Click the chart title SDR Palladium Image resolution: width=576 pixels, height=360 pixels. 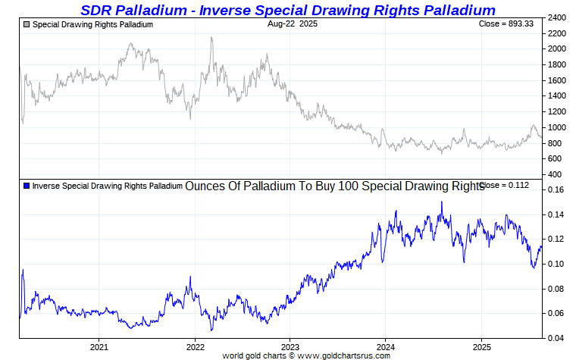(x=288, y=10)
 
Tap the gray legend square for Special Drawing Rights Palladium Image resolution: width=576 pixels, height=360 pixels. (x=27, y=25)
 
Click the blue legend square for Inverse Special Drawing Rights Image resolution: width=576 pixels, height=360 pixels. (x=27, y=186)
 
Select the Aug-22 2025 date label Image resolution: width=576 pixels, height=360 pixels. (x=293, y=24)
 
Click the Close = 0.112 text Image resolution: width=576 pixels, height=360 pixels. (x=505, y=186)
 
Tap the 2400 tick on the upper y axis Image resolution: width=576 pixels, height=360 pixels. (x=558, y=17)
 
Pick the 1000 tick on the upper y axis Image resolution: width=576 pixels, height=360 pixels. (x=558, y=127)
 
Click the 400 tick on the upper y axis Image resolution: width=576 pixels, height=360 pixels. (x=556, y=174)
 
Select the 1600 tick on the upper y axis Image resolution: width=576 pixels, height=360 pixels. (x=558, y=80)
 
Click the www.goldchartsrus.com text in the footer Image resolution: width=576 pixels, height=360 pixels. (x=345, y=355)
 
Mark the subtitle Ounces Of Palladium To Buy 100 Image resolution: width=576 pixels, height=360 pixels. (x=334, y=186)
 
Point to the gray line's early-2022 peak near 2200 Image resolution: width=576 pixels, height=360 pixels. (x=211, y=38)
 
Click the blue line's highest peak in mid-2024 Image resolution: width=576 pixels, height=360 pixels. (x=441, y=202)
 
